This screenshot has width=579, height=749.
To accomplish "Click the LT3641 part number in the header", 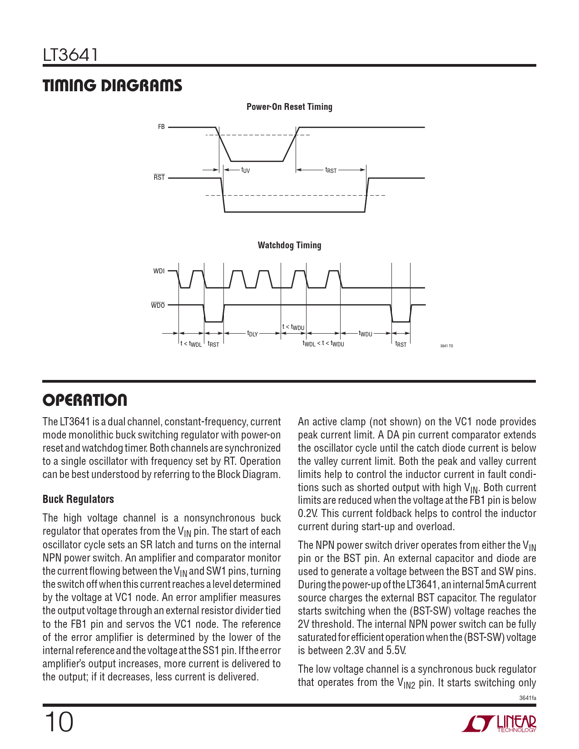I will (x=70, y=55).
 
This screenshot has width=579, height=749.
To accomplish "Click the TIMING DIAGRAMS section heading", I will (x=112, y=86).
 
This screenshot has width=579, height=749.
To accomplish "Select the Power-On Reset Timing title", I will (x=289, y=107).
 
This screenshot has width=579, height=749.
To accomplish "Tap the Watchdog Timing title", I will (x=289, y=245).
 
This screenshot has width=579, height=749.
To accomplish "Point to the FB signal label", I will (x=161, y=127).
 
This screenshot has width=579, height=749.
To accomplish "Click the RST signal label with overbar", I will (x=159, y=177).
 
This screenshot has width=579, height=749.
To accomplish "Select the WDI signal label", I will (x=159, y=271).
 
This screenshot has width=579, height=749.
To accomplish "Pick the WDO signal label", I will (x=158, y=306).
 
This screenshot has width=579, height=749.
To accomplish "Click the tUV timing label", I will (x=245, y=170).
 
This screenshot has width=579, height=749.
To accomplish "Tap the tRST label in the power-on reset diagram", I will (x=331, y=170).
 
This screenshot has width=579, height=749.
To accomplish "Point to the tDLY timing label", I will (x=252, y=334).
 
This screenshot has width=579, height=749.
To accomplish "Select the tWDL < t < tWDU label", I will (x=323, y=344).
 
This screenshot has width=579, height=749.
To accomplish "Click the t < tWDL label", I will (x=191, y=344).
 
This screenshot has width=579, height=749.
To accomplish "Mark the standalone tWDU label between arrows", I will (x=365, y=334).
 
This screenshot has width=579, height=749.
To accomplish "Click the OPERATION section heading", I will (x=85, y=400).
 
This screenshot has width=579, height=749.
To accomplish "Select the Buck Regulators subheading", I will (x=78, y=499).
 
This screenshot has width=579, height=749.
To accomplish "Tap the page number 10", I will (x=59, y=722).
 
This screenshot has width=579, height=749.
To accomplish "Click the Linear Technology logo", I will (x=499, y=724).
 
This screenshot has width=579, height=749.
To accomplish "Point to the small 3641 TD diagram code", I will (x=446, y=346).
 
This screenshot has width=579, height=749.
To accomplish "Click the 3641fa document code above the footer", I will (x=527, y=698).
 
